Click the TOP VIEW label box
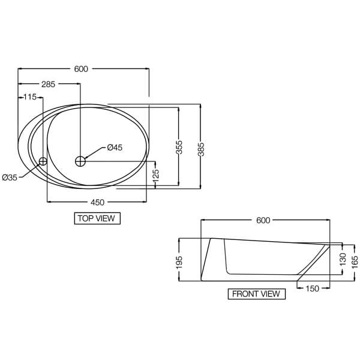(x=97, y=218)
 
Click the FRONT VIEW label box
(x=256, y=294)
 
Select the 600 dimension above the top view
(x=81, y=69)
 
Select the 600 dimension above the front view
(x=263, y=220)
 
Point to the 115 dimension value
(x=30, y=97)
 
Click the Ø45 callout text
(x=115, y=148)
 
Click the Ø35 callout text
(x=10, y=177)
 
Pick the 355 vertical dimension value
(x=179, y=148)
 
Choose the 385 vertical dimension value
(x=201, y=148)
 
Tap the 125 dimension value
(x=156, y=175)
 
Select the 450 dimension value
(x=97, y=202)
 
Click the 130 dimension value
(x=343, y=259)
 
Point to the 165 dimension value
(x=355, y=260)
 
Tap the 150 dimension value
(x=313, y=288)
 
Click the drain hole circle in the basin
(x=80, y=161)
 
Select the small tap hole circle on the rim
(x=43, y=161)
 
